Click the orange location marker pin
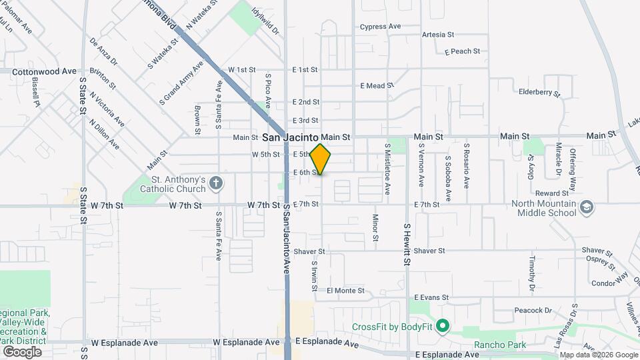(321, 159)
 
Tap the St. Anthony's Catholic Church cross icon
(215, 183)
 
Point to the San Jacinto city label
(290, 137)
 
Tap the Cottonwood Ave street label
(45, 71)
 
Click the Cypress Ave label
(380, 27)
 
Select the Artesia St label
(437, 35)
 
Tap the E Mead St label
(377, 86)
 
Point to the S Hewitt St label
(406, 244)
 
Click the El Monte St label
(345, 291)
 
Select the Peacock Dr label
(534, 311)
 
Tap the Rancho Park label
(500, 345)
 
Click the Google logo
(22, 351)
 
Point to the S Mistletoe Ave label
(387, 169)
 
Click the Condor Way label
(609, 283)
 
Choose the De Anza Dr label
(103, 52)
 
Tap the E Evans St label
(432, 297)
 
